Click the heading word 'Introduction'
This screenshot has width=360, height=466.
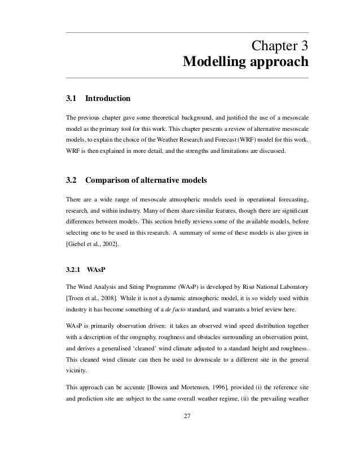point(107,99)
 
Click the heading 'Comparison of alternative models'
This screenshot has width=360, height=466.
point(146,181)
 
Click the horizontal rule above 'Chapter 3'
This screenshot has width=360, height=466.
point(187,32)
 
